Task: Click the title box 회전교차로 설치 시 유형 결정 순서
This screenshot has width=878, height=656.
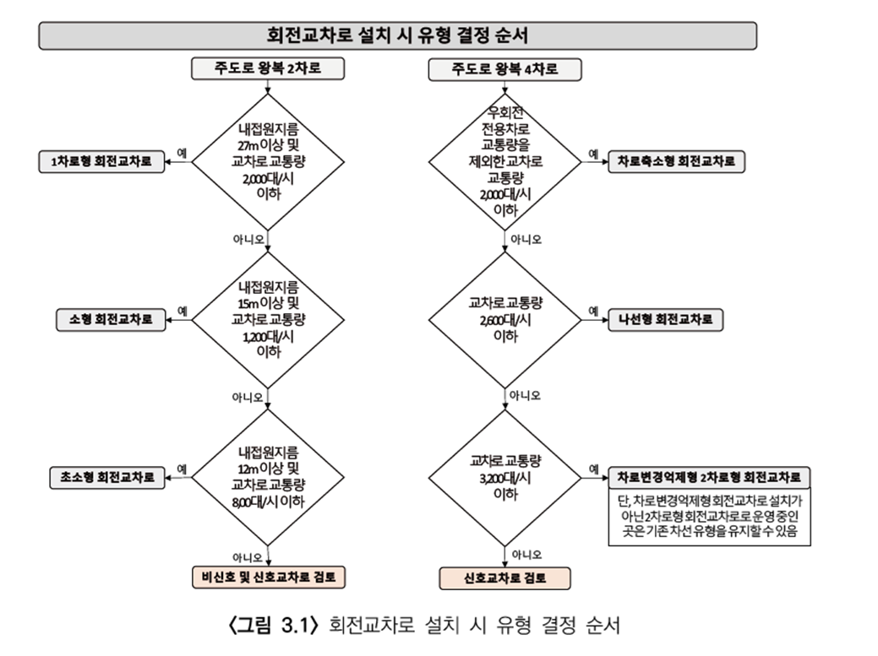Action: coord(397,35)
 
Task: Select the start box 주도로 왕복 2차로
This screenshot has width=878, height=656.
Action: coord(268,68)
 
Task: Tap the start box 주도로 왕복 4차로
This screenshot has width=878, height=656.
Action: coord(504,69)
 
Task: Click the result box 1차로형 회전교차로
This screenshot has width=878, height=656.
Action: coord(102,161)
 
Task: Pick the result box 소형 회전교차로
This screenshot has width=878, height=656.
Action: coord(111,320)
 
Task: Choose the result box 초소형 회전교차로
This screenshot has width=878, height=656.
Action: coord(107,478)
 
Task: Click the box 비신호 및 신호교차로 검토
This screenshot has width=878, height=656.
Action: coord(268,577)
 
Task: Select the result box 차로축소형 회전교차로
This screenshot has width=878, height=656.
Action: coord(676,161)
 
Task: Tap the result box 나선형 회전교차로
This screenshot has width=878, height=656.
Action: coord(666,320)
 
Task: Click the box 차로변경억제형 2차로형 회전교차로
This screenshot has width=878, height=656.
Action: coord(710,478)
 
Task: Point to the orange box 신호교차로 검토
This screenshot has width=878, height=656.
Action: coord(504,578)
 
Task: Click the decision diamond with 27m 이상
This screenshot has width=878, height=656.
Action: coord(268,162)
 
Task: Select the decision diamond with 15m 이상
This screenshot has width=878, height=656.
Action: coord(268,320)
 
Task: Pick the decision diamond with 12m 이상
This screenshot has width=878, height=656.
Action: coord(268,478)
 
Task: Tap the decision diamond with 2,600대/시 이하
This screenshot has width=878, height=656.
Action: coord(505,320)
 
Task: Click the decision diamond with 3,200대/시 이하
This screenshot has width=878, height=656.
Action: coord(505,478)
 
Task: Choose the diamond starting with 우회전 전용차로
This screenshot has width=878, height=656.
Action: coord(505,162)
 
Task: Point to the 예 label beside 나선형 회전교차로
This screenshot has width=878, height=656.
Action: coord(593,311)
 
